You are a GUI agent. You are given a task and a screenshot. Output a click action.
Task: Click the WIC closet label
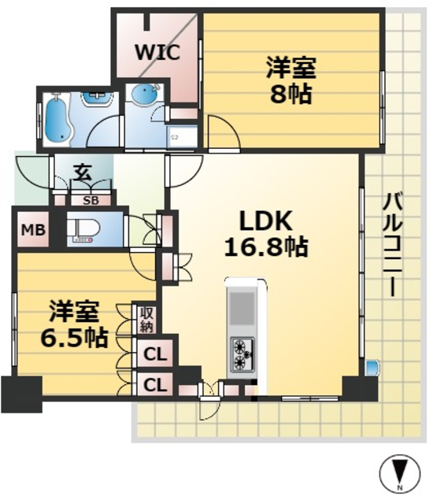[x=157, y=53]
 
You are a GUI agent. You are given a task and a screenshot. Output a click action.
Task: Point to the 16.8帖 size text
[x=265, y=248]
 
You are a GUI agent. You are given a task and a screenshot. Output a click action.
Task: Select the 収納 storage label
[x=147, y=319]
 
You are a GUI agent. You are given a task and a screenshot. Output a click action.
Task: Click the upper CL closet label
[x=156, y=354]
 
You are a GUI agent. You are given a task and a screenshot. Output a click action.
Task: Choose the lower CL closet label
[x=156, y=385]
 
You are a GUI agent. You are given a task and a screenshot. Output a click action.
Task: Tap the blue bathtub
[x=55, y=118]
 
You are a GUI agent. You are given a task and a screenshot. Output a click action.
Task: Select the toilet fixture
[x=81, y=229]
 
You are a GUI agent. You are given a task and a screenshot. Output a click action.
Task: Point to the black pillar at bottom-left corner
[x=20, y=395]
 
